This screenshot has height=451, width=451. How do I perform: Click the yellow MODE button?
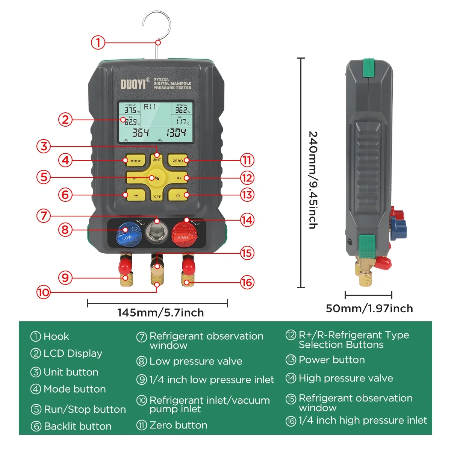(x=135, y=160)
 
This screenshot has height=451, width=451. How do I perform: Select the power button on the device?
(x=178, y=195)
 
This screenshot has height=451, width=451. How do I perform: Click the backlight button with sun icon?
(x=136, y=195)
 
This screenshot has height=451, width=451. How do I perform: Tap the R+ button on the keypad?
(x=179, y=178)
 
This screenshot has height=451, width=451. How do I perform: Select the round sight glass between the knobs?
(x=156, y=232)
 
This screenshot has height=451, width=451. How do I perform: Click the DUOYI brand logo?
(x=133, y=84)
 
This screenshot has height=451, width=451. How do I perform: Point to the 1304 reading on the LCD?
(x=176, y=133)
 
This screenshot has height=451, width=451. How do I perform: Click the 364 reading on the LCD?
(x=140, y=133)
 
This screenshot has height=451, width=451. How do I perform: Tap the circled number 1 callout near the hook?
(x=98, y=42)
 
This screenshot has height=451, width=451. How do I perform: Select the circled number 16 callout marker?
(x=247, y=282)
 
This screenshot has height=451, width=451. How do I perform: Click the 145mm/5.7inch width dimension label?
(x=160, y=313)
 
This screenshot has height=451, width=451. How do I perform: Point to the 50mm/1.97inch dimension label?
(x=369, y=309)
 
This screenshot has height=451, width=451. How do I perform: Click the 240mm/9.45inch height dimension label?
(x=313, y=180)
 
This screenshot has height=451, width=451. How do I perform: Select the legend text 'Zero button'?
(x=178, y=425)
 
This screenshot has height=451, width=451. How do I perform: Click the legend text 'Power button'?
(x=331, y=360)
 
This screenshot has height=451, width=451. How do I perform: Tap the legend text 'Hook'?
(x=56, y=336)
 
